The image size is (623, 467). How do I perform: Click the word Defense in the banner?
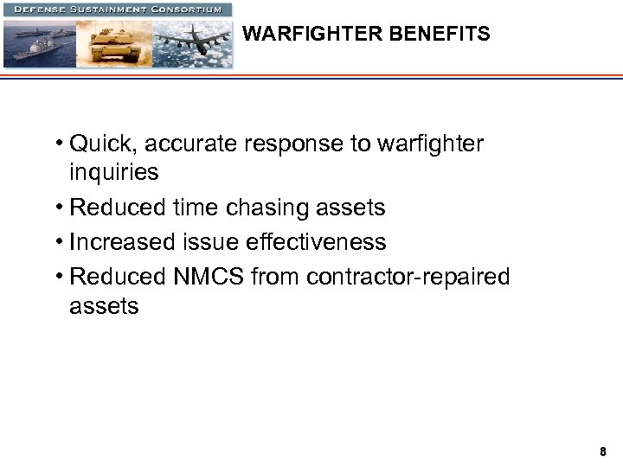[x=41, y=10]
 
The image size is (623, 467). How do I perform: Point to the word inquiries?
[x=114, y=172]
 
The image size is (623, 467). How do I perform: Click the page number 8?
[x=603, y=451]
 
